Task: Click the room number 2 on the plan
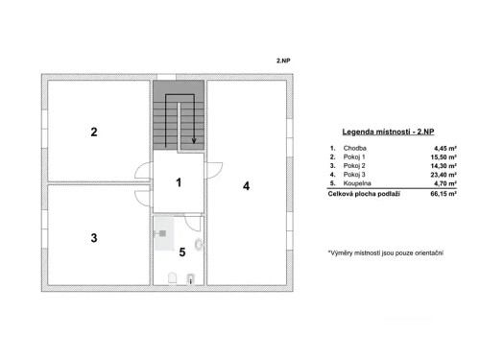(x=94, y=132)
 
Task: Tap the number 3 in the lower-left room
(x=94, y=237)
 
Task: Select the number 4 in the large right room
(x=246, y=186)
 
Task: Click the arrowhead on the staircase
(x=195, y=142)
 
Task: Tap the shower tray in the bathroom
(x=162, y=233)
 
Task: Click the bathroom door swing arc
(x=195, y=224)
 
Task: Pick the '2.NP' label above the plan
(x=283, y=59)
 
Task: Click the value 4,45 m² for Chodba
(x=444, y=150)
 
